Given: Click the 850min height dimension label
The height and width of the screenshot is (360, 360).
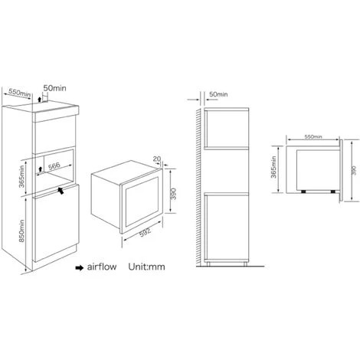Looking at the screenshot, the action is [21, 231].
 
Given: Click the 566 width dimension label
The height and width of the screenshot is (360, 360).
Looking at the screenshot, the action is [54, 166].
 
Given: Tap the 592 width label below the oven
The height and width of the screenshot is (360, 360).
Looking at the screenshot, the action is [146, 232].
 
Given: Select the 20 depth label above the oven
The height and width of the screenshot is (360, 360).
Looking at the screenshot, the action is [157, 159].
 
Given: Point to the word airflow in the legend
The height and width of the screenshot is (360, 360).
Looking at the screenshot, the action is [102, 267].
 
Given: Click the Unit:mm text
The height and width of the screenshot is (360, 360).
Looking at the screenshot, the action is [146, 267].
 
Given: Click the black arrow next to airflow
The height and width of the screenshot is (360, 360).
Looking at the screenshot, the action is [80, 267].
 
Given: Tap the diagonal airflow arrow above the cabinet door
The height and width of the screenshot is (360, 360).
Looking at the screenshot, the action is [61, 191].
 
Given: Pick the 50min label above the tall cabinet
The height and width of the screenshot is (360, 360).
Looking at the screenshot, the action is [54, 88].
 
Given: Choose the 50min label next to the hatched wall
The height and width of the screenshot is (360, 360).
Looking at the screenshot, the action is [218, 94].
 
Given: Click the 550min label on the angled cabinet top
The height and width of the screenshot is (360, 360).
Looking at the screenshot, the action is [19, 93].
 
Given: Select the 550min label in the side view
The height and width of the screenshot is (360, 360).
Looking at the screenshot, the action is [313, 137].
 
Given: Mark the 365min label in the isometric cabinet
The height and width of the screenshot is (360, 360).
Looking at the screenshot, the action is [21, 176].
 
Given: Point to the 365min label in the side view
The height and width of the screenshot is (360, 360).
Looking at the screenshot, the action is [273, 167].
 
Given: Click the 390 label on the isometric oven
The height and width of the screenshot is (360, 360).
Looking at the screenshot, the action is [173, 194].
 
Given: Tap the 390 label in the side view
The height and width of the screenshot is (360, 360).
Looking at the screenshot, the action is [354, 170].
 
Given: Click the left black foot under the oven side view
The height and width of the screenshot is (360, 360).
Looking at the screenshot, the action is [303, 191].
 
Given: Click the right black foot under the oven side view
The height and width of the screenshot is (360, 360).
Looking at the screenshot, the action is [333, 191].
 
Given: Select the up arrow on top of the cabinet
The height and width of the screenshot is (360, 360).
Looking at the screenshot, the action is [39, 100].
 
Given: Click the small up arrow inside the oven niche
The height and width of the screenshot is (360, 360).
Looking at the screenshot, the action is [40, 169].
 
